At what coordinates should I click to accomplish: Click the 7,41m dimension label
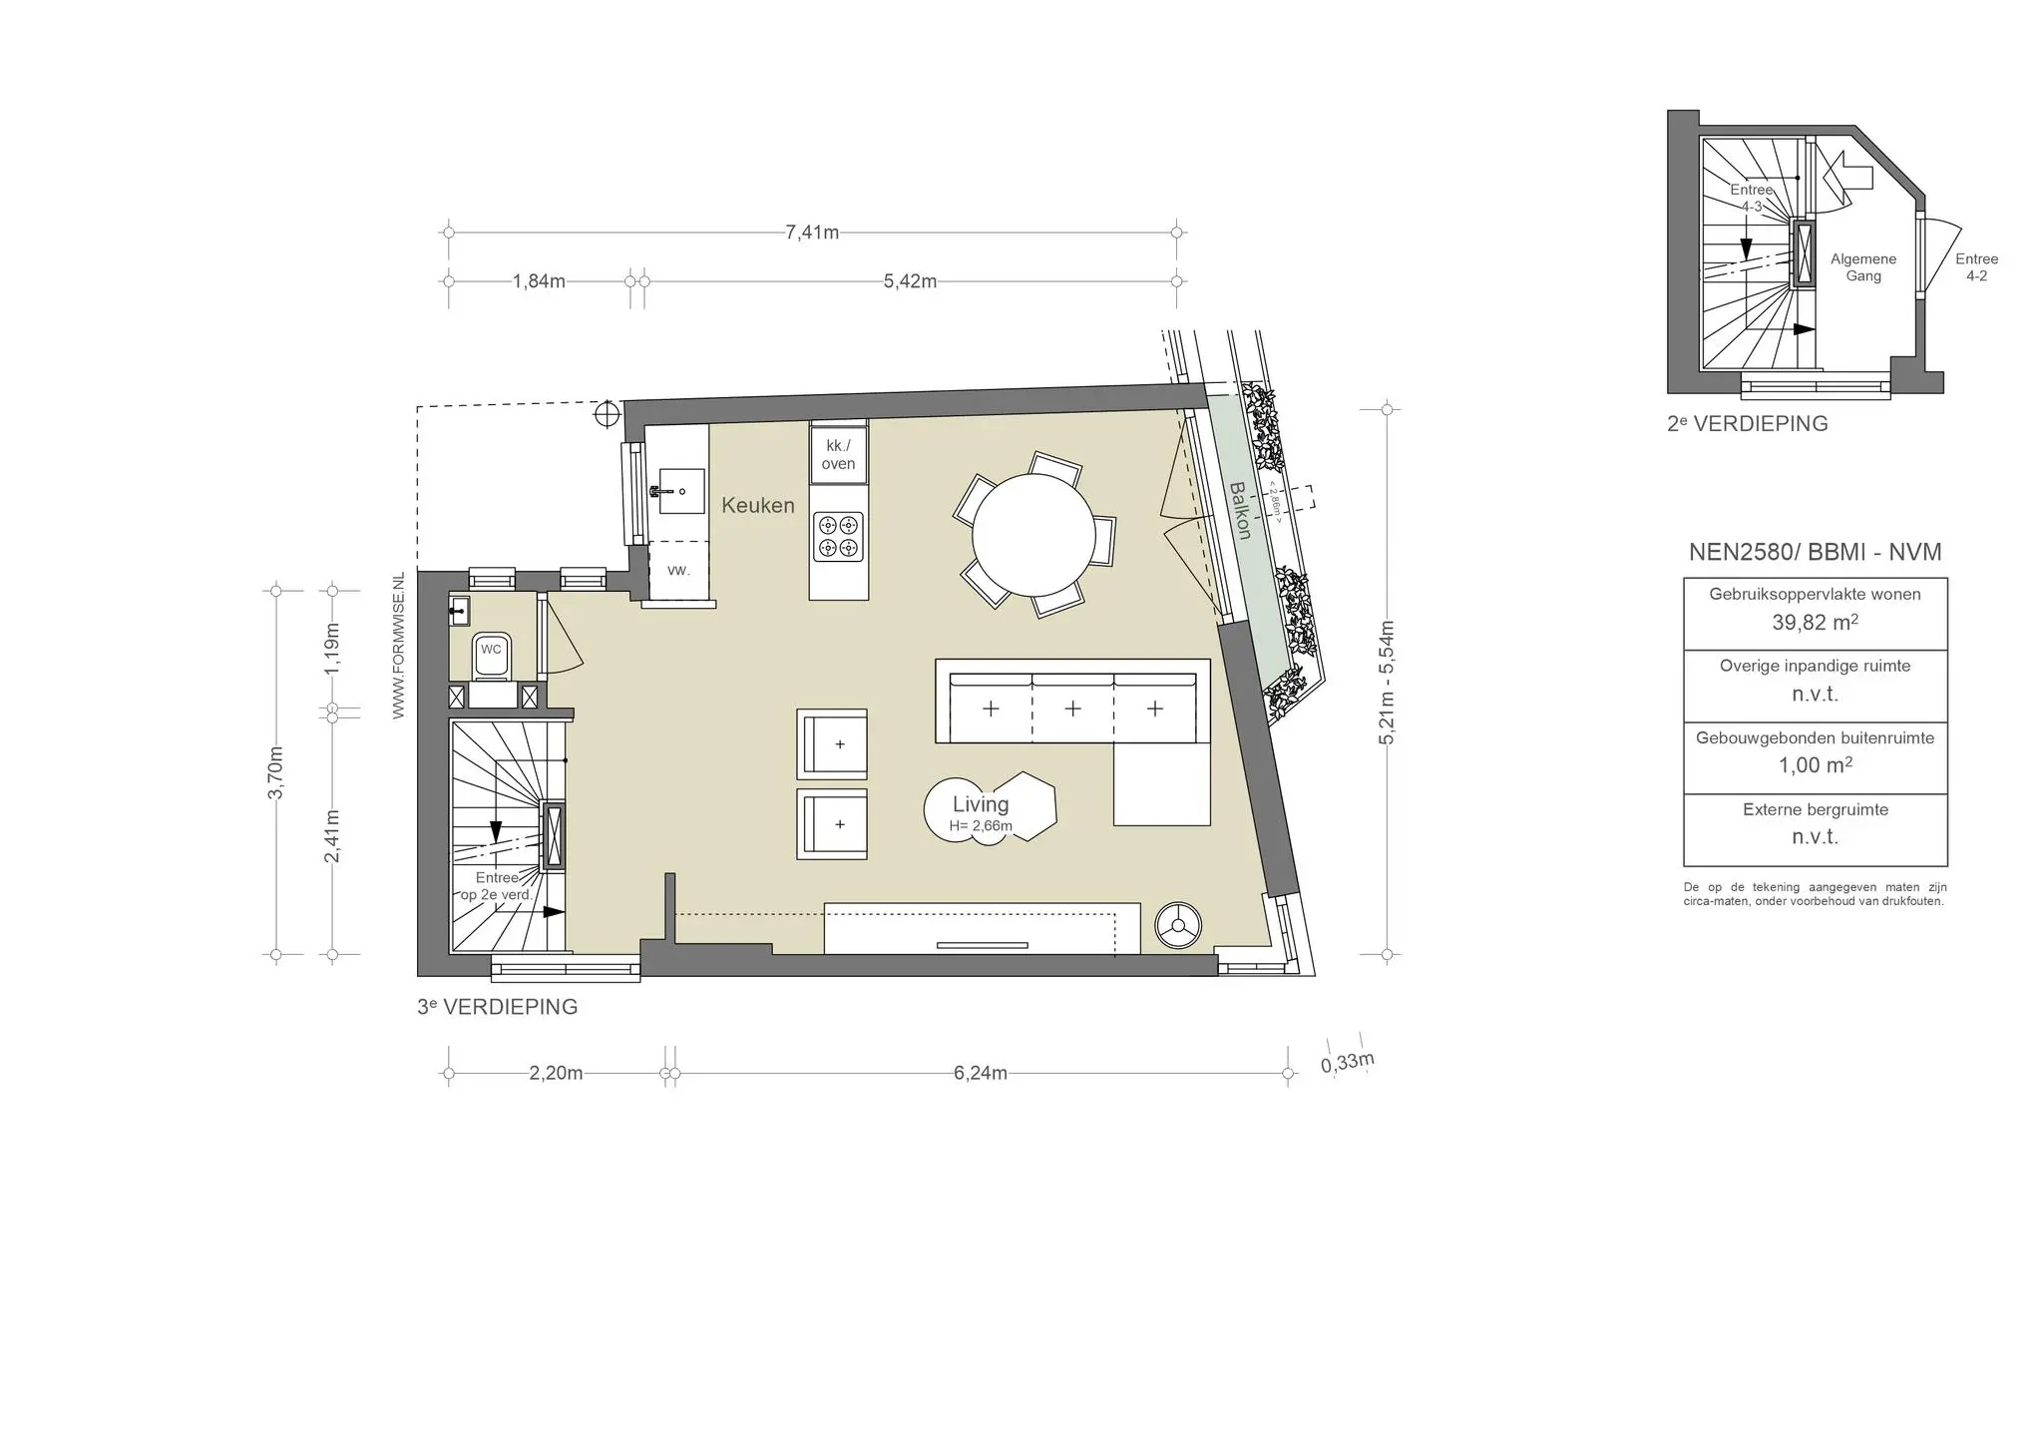point(812,233)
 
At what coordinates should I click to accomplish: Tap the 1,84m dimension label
point(539,281)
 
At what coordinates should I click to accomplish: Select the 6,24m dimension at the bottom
point(981,1074)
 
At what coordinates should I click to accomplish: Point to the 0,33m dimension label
point(1348,1062)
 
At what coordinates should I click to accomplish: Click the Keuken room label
point(758,505)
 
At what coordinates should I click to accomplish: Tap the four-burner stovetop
point(838,536)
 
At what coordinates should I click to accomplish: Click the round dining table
point(1033,536)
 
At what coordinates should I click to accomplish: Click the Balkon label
point(1239,511)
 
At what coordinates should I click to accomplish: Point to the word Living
point(981,804)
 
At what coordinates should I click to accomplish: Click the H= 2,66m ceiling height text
point(981,826)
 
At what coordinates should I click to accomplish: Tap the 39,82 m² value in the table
point(1816,623)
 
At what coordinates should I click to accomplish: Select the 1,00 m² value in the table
point(1816,765)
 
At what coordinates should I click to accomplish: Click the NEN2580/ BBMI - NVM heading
point(1816,552)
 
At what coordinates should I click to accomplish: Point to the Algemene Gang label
point(1863,267)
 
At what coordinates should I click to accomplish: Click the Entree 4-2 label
point(1976,267)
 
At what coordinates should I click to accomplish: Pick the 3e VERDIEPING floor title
point(498,1007)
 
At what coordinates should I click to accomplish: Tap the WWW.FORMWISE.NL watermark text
point(399,646)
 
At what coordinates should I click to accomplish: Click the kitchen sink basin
point(680,491)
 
